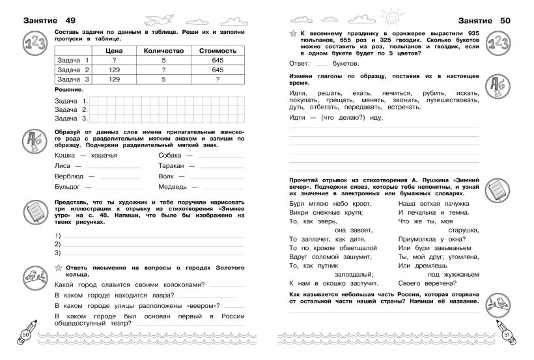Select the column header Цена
[x=119, y=50]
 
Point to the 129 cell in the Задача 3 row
[x=119, y=79]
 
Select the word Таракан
[x=173, y=166]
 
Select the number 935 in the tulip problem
[x=470, y=31]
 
